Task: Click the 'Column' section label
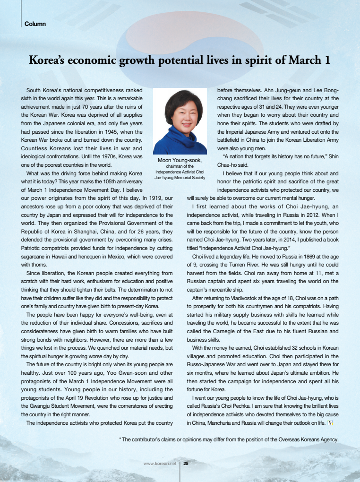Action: pos(35,24)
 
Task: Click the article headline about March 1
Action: pos(180,60)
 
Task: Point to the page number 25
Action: pos(186,463)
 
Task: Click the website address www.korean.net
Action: pos(160,463)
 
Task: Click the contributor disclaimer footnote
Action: pos(229,439)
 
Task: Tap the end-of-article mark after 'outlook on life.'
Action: pos(330,422)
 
